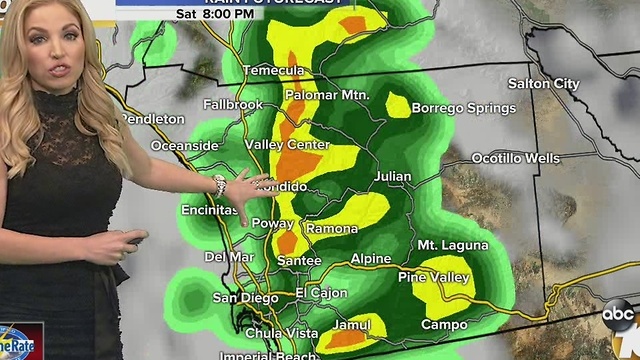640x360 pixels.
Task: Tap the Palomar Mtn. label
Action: coord(328,95)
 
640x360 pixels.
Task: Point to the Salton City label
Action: coord(543,84)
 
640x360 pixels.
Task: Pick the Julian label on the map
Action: coord(391,177)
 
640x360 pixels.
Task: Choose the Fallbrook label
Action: coord(232,104)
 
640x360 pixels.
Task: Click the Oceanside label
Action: coord(184,145)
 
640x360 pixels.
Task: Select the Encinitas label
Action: coord(209,209)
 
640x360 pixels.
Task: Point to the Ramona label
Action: coord(332,229)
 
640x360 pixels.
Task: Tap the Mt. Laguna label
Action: coord(452,245)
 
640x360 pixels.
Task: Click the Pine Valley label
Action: coord(434,277)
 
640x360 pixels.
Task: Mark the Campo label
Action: coord(444,324)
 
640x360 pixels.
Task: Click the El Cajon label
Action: coord(321,293)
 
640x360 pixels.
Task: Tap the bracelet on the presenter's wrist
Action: coord(219,185)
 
